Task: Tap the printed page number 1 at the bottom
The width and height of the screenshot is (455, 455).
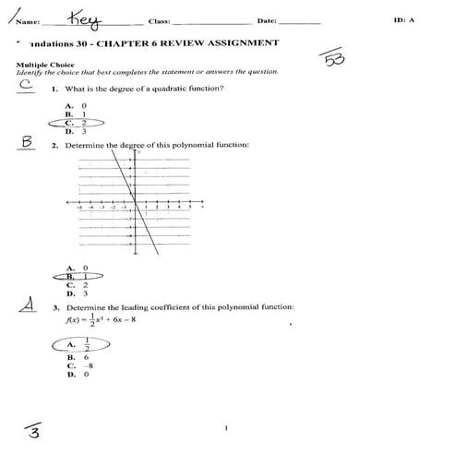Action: [225, 427]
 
